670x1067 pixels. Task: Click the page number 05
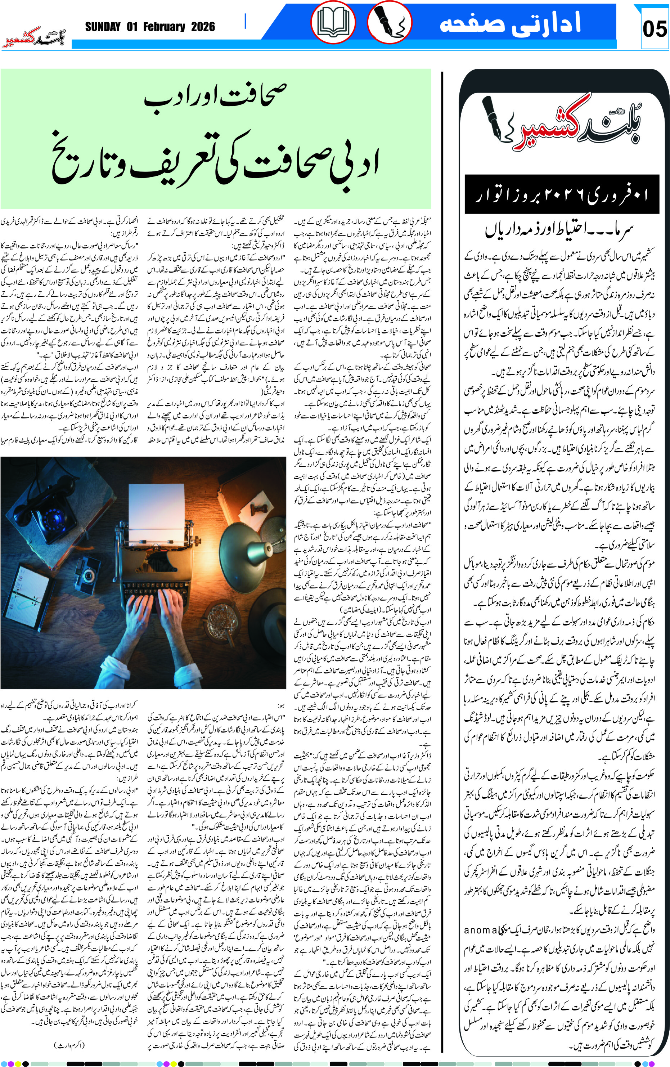click(x=654, y=30)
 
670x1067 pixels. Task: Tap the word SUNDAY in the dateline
click(x=103, y=27)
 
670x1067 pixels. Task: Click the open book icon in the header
click(x=333, y=23)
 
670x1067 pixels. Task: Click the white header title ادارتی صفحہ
click(x=509, y=23)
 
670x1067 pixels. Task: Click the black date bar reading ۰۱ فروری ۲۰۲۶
click(x=562, y=194)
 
